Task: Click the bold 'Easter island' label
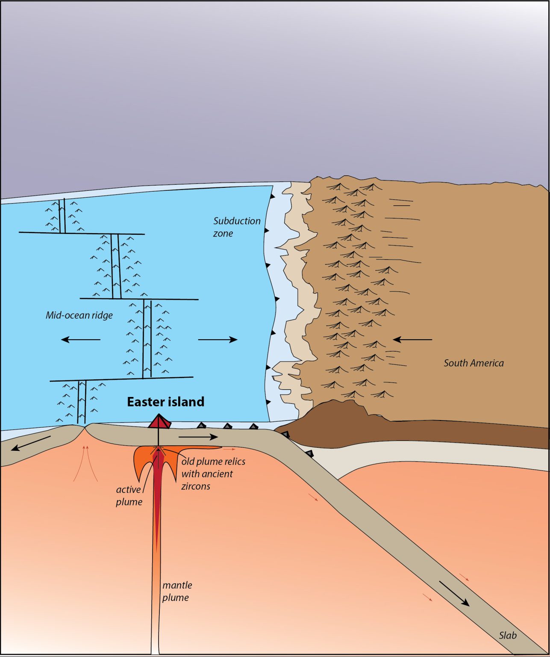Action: click(165, 402)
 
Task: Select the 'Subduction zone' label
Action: click(236, 227)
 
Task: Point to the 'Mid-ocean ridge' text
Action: click(79, 315)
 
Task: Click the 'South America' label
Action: click(474, 363)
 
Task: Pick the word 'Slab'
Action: click(508, 635)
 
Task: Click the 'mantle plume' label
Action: click(176, 591)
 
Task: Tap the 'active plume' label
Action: click(129, 495)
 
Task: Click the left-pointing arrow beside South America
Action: click(412, 340)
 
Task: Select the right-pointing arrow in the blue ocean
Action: click(218, 340)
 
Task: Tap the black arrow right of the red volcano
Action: click(198, 437)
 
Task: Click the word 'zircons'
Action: click(196, 486)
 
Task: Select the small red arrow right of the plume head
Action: click(229, 450)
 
